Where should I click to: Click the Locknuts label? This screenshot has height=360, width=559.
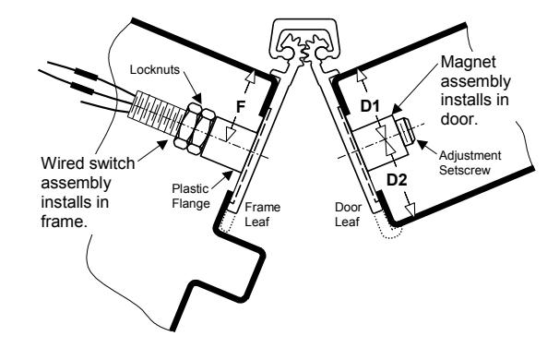click(155, 69)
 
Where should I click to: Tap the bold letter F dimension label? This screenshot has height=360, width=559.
click(241, 107)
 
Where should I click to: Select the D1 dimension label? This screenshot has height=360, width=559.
click(370, 106)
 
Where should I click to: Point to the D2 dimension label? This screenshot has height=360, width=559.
click(397, 180)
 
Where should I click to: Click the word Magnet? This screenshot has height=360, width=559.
click(468, 62)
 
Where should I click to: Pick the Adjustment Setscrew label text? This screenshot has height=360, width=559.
click(470, 162)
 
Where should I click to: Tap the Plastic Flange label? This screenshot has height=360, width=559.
click(191, 196)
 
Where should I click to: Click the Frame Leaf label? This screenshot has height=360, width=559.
click(262, 214)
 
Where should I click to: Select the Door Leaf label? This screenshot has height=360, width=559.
click(349, 214)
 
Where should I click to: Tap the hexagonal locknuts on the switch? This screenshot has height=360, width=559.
click(195, 128)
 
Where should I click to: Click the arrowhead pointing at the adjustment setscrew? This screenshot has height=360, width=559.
click(422, 145)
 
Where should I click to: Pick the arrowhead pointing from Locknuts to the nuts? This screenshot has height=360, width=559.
click(196, 98)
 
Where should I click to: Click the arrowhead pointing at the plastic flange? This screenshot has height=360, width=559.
click(228, 176)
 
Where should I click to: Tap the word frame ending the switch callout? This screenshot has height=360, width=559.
click(65, 222)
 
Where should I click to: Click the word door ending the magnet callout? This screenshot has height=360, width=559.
click(459, 119)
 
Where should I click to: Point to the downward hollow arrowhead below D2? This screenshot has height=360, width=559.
click(411, 210)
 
